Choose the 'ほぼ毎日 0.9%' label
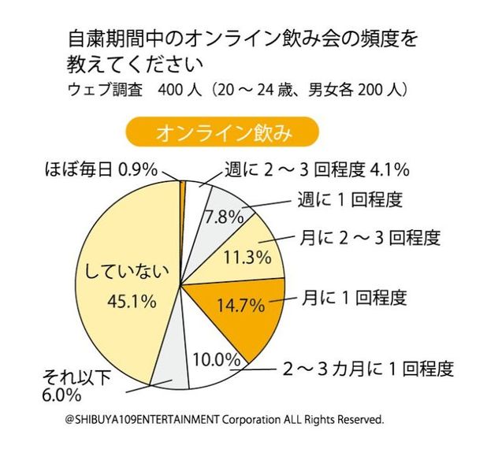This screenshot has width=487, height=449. click(99, 169)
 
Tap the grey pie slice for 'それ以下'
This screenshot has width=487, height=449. click(170, 369)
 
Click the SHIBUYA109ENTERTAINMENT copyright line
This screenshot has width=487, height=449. click(225, 421)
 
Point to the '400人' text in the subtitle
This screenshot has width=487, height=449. click(180, 91)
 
